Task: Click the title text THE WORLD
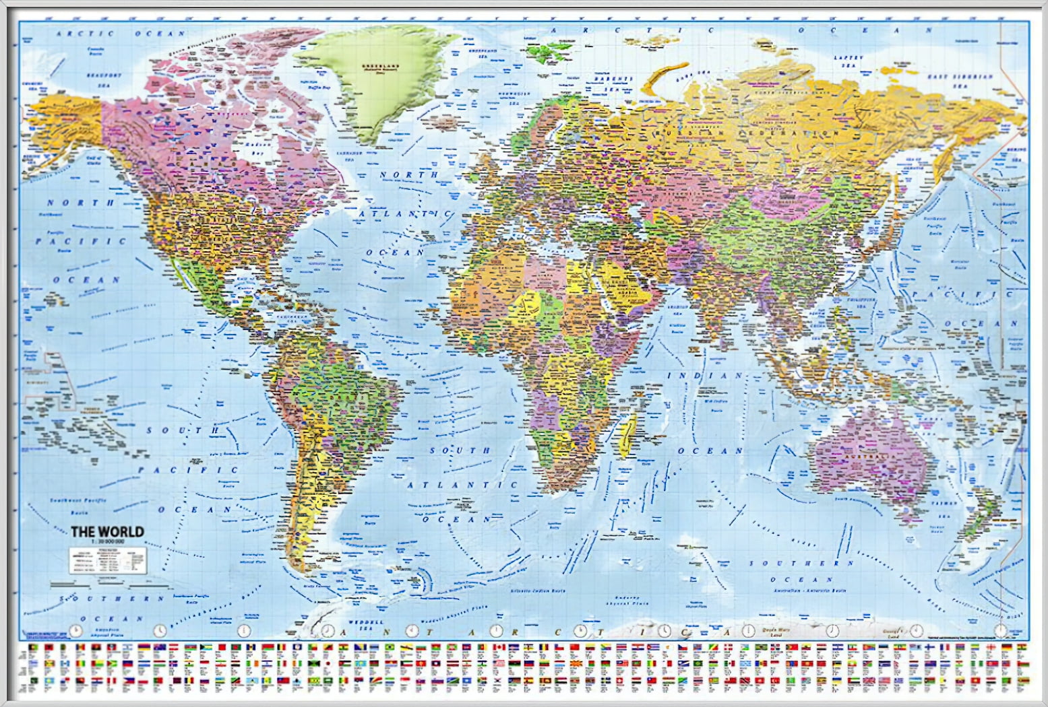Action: (108, 531)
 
